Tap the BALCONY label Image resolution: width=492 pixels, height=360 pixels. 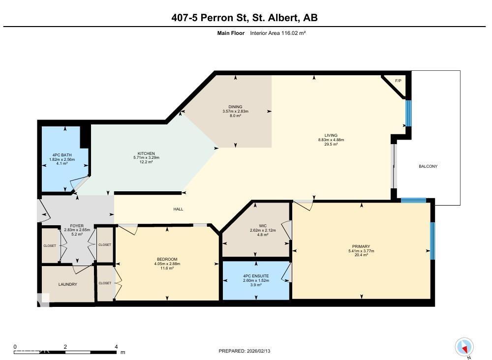[x=428, y=166]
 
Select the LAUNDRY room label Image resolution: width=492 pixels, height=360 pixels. [x=67, y=284]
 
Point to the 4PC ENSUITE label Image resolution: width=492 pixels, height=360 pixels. [x=256, y=275]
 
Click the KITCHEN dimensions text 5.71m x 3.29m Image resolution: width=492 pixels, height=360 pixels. [x=146, y=157]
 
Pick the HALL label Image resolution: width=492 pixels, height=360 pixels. [x=178, y=209]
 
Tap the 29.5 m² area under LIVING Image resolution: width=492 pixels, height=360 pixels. [x=331, y=144]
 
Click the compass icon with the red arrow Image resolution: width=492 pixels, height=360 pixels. [x=464, y=347]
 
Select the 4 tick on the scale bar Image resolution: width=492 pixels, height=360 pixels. [x=116, y=347]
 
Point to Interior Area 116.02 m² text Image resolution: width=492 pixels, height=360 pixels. [x=278, y=33]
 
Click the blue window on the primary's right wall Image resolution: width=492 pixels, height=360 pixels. [x=432, y=241]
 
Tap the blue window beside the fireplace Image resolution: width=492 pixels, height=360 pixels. [x=408, y=113]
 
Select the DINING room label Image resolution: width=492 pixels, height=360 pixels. [x=235, y=107]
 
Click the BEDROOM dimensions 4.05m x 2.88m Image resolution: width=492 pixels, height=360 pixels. [x=167, y=264]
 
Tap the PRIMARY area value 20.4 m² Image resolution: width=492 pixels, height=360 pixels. [x=361, y=255]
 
